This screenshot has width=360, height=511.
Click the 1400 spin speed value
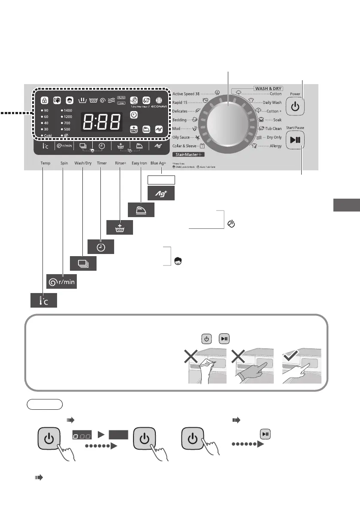67,110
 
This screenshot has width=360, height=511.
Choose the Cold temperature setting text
47,136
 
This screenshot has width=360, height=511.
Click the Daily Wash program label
272,103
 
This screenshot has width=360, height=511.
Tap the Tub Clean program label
273,129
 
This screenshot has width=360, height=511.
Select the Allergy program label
275,146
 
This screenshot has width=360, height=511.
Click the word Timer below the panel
102,163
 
